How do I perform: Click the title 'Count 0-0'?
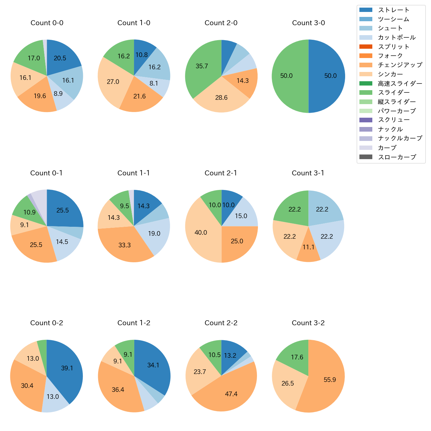pyautogui.click(x=47, y=23)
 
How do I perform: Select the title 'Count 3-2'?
pyautogui.click(x=308, y=323)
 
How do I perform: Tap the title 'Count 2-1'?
pyautogui.click(x=221, y=173)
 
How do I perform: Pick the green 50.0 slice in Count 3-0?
pyautogui.click(x=288, y=76)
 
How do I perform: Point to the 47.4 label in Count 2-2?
pyautogui.click(x=231, y=394)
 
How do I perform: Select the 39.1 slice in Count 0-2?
pyautogui.click(x=66, y=368)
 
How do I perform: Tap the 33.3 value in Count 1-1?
pyautogui.click(x=124, y=245)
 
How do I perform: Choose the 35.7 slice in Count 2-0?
pyautogui.click(x=202, y=68)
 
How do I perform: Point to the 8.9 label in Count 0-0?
pyautogui.click(x=58, y=93)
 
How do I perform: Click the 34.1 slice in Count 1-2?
pyautogui.click(x=153, y=365)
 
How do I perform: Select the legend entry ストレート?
pyautogui.click(x=394, y=10)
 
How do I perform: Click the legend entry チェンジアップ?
pyautogui.click(x=400, y=65)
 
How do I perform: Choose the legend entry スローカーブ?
pyautogui.click(x=397, y=157)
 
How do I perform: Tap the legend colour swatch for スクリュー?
pyautogui.click(x=366, y=120)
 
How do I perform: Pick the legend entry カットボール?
pyautogui.click(x=397, y=37)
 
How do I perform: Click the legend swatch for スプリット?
pyautogui.click(x=366, y=46)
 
